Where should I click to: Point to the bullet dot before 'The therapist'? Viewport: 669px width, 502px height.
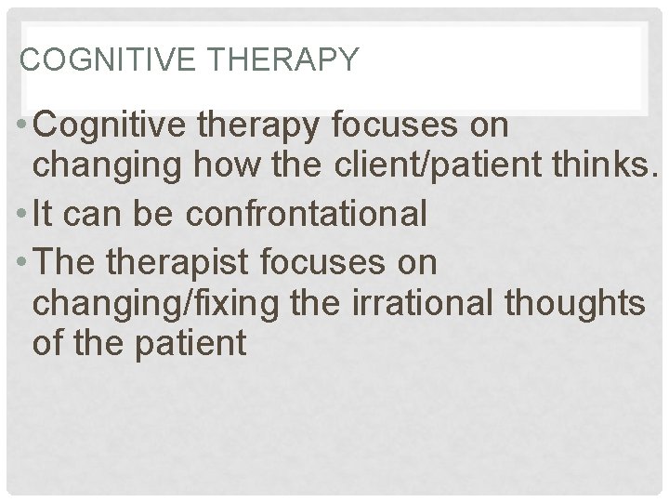(x=20, y=262)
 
